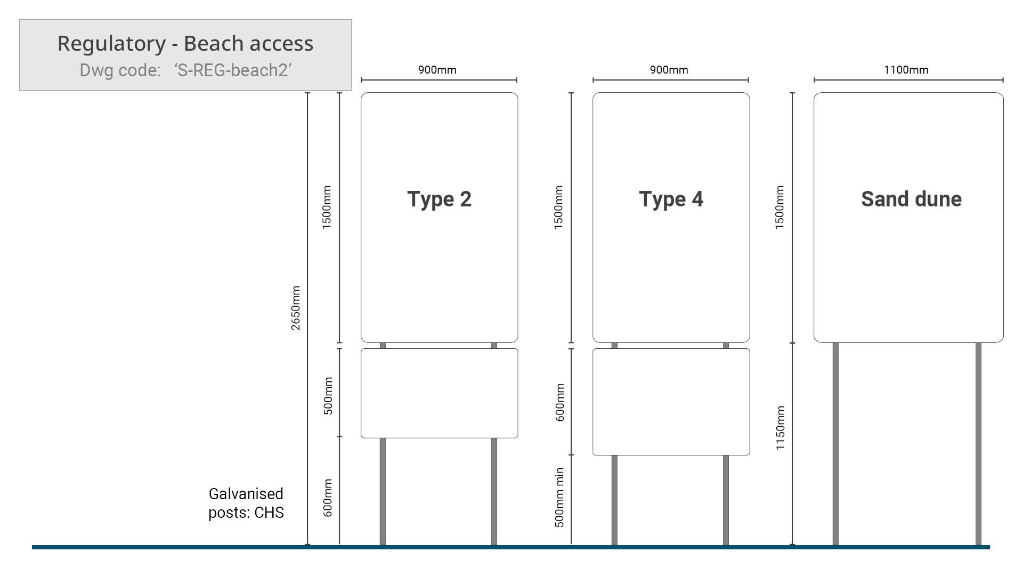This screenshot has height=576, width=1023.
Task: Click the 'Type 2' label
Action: click(x=439, y=199)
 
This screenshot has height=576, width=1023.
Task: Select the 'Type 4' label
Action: click(x=671, y=199)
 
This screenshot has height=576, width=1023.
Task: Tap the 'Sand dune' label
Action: click(x=911, y=199)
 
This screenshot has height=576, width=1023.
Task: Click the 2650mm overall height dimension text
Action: click(x=296, y=308)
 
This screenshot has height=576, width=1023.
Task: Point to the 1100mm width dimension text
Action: click(x=906, y=70)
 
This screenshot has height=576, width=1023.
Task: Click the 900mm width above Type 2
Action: click(x=437, y=70)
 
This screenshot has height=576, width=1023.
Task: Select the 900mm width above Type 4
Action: click(x=669, y=70)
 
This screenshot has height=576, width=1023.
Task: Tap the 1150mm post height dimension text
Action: click(x=781, y=428)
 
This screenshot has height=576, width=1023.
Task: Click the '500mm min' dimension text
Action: click(x=559, y=498)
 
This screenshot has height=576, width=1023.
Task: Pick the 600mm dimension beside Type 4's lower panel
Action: click(x=559, y=402)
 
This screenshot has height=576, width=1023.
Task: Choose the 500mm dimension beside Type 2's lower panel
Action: click(x=328, y=396)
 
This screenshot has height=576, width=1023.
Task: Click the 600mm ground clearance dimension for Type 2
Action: click(x=328, y=498)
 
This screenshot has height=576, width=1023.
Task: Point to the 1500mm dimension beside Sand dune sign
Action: click(x=780, y=207)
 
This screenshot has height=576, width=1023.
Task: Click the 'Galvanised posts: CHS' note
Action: click(x=246, y=503)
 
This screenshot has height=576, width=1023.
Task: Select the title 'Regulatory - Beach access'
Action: click(x=185, y=43)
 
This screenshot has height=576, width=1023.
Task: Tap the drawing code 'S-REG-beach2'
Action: click(x=233, y=70)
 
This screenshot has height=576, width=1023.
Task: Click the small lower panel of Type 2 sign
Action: click(x=439, y=393)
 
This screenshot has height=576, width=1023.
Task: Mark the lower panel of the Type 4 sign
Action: click(x=671, y=402)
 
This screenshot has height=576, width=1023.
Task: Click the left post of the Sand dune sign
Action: click(x=835, y=443)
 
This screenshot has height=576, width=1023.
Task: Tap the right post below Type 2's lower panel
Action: click(x=494, y=491)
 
